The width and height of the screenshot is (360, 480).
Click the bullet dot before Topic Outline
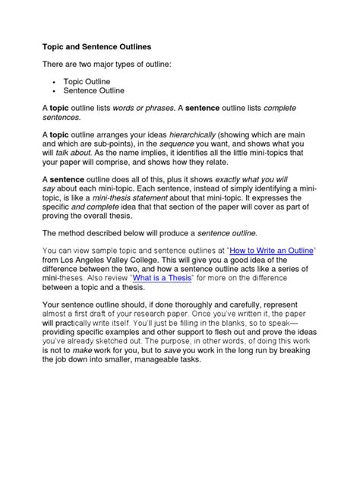pyautogui.click(x=56, y=80)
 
